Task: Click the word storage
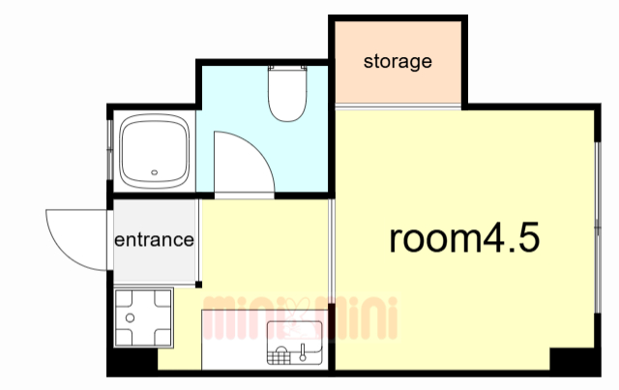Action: point(398,62)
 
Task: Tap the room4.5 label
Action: point(464,238)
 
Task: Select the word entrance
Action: point(154,240)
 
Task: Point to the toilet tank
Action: point(287,69)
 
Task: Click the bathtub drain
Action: point(155,172)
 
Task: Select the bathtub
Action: point(155,151)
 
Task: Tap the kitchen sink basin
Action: point(295,343)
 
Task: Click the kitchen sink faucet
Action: point(303,352)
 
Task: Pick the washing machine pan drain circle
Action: point(130,317)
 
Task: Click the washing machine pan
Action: point(144,318)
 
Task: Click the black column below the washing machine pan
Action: point(133,360)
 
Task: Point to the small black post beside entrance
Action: point(198,285)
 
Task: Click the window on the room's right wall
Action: point(598,227)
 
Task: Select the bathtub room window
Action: point(110,150)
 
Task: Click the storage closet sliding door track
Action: point(398,106)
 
